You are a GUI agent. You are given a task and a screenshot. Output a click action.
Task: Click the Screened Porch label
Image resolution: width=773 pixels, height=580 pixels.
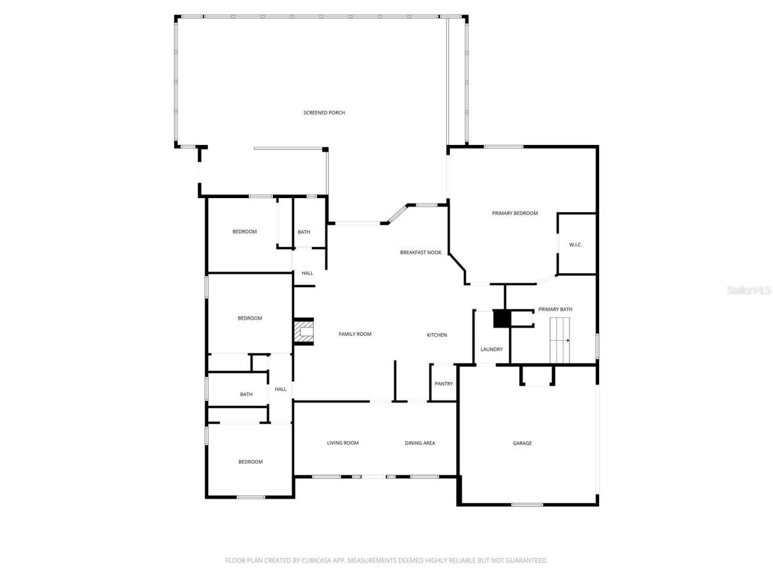[x=324, y=113]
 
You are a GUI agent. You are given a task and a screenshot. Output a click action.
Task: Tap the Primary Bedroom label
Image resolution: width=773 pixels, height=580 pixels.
[x=515, y=213]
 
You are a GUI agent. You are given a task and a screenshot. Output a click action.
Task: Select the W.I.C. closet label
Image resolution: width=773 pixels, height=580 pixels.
[x=576, y=245]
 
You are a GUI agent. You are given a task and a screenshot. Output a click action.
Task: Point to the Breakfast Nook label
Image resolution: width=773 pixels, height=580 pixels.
[x=420, y=253]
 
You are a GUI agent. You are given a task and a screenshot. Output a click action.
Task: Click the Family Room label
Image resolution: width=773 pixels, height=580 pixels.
[x=355, y=334]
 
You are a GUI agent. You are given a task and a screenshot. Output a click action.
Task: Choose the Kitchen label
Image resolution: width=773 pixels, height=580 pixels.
[x=437, y=335]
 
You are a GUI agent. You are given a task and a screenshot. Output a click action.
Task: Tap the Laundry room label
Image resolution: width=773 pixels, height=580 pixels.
[x=492, y=349]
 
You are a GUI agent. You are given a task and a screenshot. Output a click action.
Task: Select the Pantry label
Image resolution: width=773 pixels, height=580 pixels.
[x=444, y=384]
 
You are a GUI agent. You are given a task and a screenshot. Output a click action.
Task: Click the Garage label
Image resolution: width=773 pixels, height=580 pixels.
[x=522, y=443]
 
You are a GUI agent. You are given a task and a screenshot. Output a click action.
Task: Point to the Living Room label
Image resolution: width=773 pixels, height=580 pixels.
[x=343, y=443]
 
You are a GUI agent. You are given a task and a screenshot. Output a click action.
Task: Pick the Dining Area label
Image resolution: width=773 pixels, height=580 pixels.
[x=420, y=443]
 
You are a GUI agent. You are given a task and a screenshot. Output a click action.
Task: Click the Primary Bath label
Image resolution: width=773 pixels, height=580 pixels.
[x=556, y=309]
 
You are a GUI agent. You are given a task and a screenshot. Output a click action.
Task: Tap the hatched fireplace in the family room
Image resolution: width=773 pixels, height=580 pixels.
[x=304, y=332]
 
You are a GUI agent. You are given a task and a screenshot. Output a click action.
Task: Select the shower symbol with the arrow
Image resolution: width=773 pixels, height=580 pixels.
[x=560, y=340]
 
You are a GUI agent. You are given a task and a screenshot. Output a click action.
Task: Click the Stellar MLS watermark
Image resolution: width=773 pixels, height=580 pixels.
[x=749, y=291]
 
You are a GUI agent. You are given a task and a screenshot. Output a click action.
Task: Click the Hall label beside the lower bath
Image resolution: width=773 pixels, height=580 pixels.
[x=281, y=389]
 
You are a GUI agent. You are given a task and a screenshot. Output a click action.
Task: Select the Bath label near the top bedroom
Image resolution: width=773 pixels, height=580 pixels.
[x=304, y=232]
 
